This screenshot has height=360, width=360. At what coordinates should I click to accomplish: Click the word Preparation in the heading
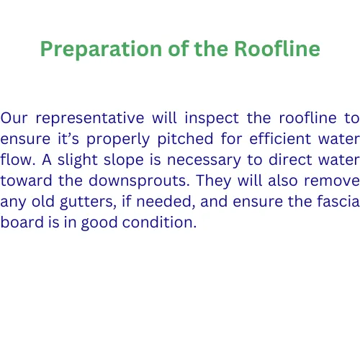(x=101, y=50)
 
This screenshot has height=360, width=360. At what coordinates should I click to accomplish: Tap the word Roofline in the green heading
(x=277, y=49)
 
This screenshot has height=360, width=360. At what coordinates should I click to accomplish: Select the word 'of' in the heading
(x=179, y=49)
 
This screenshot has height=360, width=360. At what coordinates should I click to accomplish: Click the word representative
(x=90, y=119)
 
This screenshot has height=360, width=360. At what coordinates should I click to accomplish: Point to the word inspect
(x=212, y=119)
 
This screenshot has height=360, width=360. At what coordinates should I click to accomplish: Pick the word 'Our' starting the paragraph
(x=14, y=118)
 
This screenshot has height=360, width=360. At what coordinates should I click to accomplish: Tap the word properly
(x=118, y=140)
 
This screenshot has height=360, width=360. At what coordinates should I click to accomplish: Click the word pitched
(x=185, y=140)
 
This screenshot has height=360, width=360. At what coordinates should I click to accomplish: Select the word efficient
(x=280, y=139)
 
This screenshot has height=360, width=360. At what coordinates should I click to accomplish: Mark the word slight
(x=77, y=161)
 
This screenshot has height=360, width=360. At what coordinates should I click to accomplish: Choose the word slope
(x=124, y=161)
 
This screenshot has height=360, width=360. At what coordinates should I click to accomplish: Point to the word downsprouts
(x=139, y=181)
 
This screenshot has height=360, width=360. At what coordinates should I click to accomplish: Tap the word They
(x=214, y=181)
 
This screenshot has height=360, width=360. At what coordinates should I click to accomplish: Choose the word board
(x=22, y=222)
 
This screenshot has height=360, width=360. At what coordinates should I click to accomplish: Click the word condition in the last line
(x=159, y=222)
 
